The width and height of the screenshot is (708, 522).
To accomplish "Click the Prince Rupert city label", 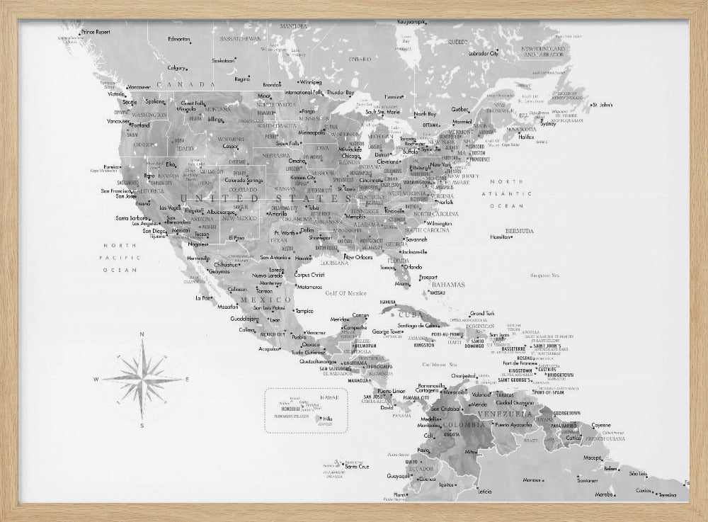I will (96, 32).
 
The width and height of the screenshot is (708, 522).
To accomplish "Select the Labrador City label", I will (484, 53).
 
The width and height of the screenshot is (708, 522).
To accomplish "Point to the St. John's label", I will (603, 106).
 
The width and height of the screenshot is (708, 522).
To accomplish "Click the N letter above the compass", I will (142, 334).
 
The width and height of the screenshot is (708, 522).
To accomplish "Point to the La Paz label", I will (203, 298).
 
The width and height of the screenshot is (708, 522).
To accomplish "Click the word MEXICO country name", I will (256, 300).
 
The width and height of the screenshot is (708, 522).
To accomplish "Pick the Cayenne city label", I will (601, 425).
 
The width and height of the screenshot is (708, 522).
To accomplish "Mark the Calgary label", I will (177, 67).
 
